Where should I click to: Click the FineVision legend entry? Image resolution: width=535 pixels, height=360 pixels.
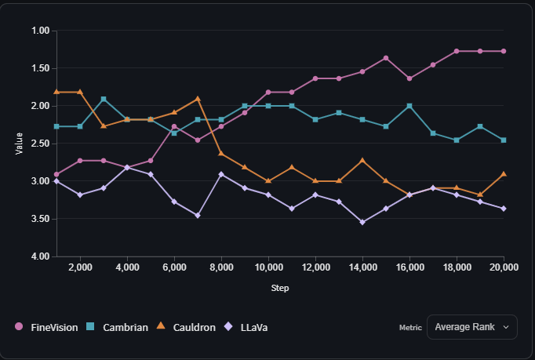coord(47,327)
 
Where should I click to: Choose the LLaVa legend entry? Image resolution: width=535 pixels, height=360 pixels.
coord(246,327)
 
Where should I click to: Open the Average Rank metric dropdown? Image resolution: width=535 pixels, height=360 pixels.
coord(471,327)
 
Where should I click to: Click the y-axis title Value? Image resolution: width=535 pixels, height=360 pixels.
coord(19,143)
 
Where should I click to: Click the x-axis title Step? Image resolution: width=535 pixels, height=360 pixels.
coord(280,288)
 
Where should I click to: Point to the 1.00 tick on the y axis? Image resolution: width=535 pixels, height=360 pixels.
coord(40,31)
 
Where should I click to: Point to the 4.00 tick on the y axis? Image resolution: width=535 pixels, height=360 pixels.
coord(40,256)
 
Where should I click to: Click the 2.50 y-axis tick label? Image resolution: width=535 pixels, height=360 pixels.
coord(40,144)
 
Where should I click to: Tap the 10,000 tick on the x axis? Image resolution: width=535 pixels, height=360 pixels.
coord(268,267)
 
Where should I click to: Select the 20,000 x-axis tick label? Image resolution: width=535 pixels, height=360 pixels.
coord(503,267)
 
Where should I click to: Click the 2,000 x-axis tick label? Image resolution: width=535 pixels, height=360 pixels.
coord(80,267)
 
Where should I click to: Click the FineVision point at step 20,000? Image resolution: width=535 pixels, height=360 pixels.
coord(504,51)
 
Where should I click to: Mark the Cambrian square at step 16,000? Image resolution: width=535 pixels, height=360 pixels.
coord(409,106)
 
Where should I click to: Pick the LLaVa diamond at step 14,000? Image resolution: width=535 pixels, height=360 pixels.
coord(362,222)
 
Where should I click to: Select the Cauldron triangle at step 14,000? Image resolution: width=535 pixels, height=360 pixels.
coord(362,160)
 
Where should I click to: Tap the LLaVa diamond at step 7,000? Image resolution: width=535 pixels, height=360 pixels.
coord(198,215)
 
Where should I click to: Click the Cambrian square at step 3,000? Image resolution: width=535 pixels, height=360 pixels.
coord(104,100)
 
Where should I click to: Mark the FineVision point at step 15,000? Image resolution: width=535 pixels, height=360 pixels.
coord(386,58)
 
